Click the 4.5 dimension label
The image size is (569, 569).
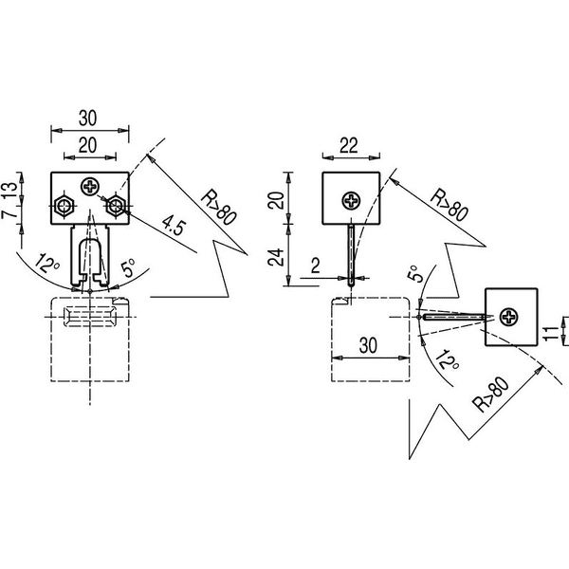(x=174, y=225)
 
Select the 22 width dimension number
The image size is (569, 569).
(x=349, y=145)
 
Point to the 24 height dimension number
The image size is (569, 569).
(x=276, y=257)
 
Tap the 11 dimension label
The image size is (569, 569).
(x=550, y=333)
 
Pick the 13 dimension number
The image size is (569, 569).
(x=10, y=190)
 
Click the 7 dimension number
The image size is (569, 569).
(x=10, y=212)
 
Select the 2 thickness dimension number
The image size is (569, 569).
(x=316, y=266)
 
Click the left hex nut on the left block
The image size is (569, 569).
(x=64, y=206)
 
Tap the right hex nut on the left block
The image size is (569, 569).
(x=116, y=206)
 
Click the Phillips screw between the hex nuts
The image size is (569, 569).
(x=90, y=187)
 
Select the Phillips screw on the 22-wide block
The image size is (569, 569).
(x=351, y=200)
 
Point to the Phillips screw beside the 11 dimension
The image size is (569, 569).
(x=508, y=317)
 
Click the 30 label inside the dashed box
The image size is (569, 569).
(x=368, y=345)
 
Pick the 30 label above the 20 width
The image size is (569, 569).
(x=88, y=118)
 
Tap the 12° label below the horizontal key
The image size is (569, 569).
(x=449, y=360)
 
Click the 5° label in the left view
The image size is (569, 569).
(x=127, y=267)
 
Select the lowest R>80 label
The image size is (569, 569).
(x=492, y=395)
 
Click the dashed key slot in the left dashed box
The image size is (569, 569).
(x=90, y=317)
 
